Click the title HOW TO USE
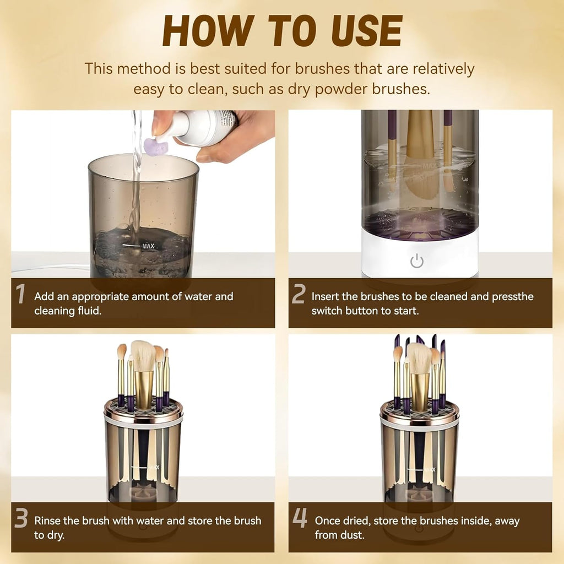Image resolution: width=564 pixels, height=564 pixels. point(282,31)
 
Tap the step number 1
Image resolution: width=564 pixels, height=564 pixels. point(20,295)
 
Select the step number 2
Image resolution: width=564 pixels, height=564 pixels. point(298,295)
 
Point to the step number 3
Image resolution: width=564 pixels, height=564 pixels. point(21,518)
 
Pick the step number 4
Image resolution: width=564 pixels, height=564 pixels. point(300,518)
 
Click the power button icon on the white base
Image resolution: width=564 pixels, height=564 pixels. point(417,261)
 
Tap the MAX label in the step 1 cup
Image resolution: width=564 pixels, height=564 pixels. point(148,246)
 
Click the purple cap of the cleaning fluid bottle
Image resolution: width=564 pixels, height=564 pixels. point(155,147)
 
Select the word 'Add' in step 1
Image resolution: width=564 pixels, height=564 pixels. point(44,296)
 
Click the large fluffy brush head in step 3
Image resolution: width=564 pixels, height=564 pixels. point(143,355)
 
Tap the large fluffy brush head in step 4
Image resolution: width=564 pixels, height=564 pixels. point(419,357)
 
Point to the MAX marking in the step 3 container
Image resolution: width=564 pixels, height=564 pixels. point(153,467)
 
